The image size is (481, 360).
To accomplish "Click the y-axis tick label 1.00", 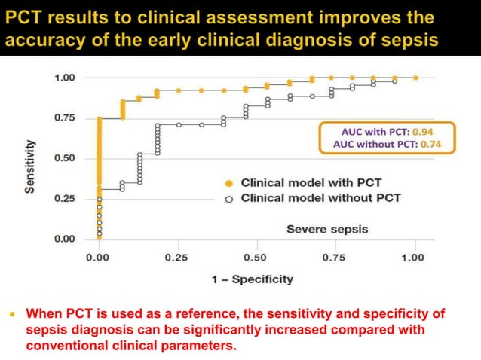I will [64, 78].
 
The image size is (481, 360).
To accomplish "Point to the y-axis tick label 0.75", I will [64, 118].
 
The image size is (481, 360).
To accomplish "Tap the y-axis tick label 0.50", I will [64, 158].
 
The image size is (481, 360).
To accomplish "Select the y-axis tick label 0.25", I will [64, 199].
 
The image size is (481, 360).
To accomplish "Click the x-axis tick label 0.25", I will [176, 258].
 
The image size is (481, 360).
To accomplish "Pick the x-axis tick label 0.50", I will [256, 258].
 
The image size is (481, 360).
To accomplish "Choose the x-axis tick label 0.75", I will [334, 258].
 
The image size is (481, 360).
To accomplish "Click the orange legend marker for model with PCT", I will [228, 183].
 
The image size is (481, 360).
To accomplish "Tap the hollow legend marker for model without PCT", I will [228, 198].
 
